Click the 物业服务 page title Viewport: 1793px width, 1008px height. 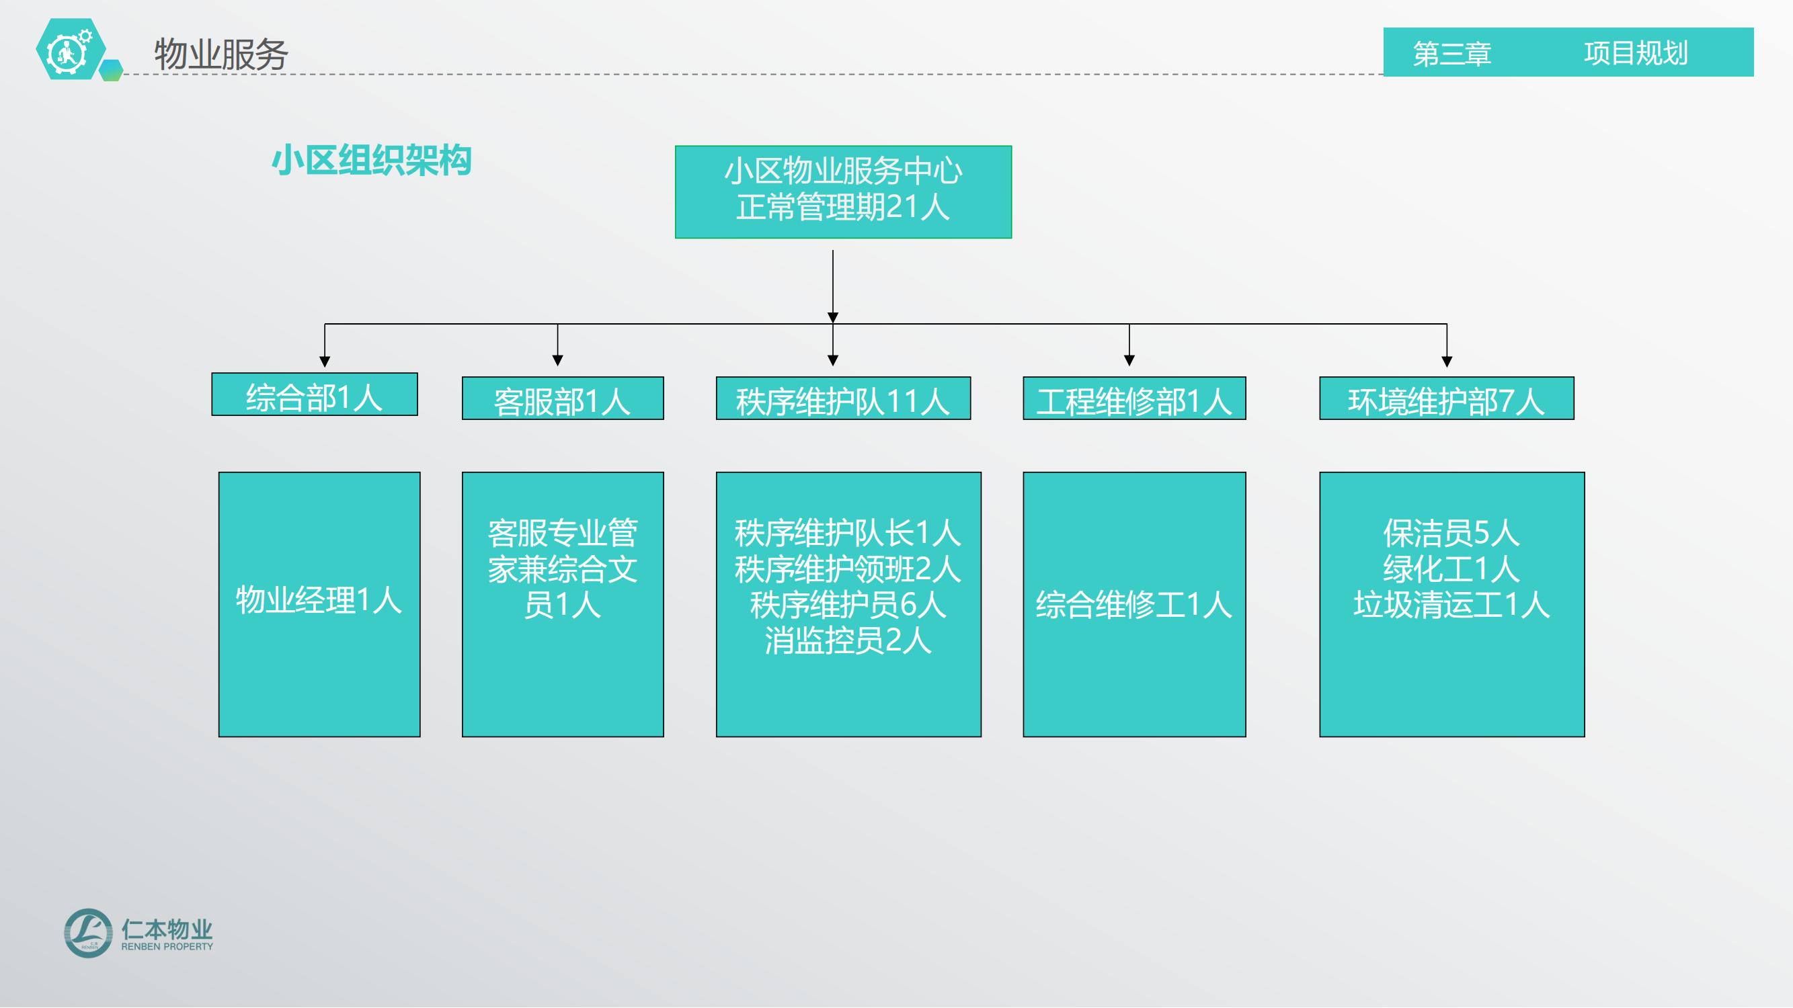[x=221, y=54]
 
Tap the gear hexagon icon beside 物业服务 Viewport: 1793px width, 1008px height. [x=71, y=48]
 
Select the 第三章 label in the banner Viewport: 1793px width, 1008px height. [x=1452, y=54]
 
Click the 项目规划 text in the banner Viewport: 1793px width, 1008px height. [x=1636, y=53]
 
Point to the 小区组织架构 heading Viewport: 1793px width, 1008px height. [x=372, y=161]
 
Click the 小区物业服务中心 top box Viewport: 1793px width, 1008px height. [x=843, y=192]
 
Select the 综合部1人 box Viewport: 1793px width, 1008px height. [x=315, y=394]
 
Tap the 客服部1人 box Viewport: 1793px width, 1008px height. [x=563, y=398]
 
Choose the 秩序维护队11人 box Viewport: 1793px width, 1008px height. [x=843, y=398]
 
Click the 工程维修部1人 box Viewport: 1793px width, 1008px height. [x=1135, y=398]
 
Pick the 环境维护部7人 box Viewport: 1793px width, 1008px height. [x=1446, y=398]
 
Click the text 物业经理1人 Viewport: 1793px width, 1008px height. [x=319, y=600]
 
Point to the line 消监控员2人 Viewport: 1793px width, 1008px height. [x=848, y=640]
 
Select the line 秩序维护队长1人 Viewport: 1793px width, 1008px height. [x=848, y=534]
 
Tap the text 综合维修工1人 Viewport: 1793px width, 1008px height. [x=1134, y=605]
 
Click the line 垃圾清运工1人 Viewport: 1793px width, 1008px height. [x=1451, y=605]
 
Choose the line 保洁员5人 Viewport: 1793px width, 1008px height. [x=1451, y=534]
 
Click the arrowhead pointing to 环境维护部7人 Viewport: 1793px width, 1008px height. [x=1447, y=362]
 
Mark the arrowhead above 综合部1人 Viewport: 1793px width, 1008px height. [x=324, y=362]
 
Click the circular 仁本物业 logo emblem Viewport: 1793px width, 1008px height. [x=88, y=933]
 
